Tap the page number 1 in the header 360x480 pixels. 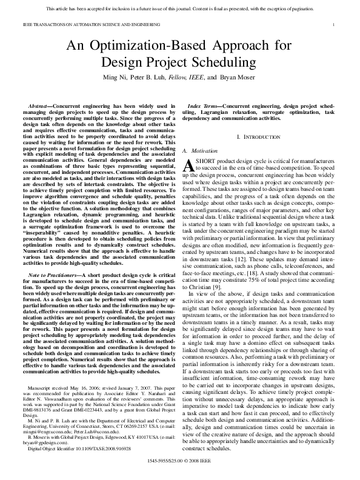coord(335,24)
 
